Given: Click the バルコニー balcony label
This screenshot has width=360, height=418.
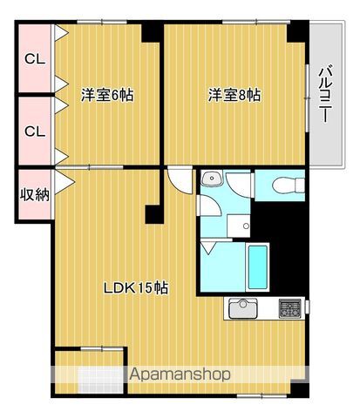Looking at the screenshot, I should (x=324, y=96).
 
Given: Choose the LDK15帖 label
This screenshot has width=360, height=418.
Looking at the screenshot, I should (x=138, y=288).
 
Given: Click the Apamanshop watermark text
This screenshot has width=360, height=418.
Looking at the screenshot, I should (x=180, y=375).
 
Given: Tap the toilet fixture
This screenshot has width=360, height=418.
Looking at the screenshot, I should (x=285, y=185).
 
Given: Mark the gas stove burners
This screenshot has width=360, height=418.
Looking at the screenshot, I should (x=290, y=308).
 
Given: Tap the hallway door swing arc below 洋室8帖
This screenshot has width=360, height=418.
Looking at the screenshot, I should (x=179, y=180).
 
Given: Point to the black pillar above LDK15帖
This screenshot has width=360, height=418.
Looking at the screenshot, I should (x=154, y=214).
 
